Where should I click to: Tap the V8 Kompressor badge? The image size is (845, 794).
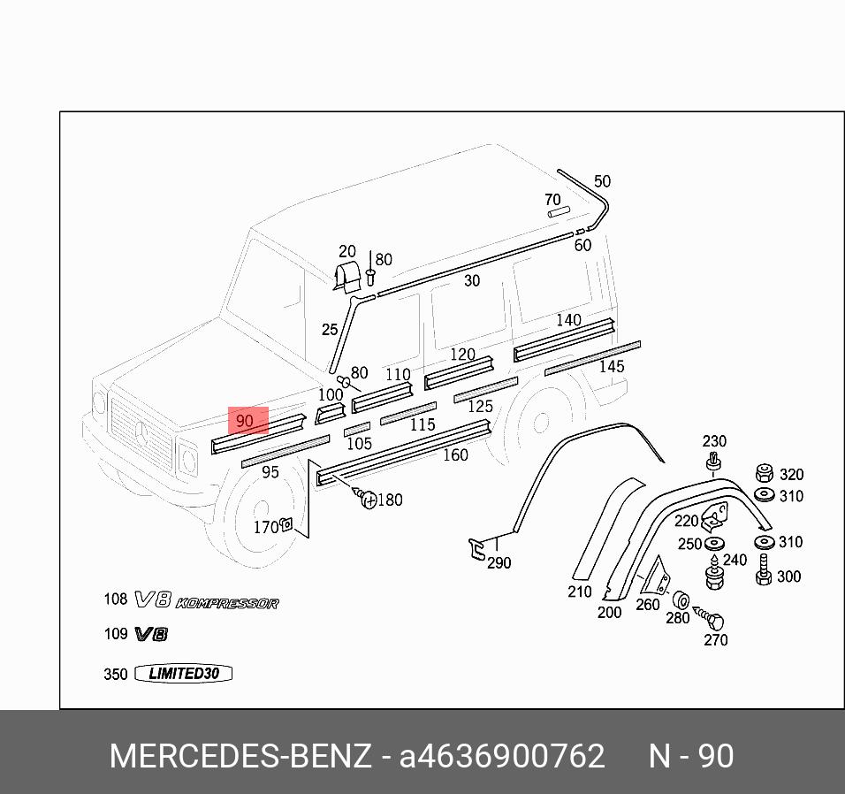[x=207, y=602]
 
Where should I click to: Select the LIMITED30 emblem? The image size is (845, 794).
[x=183, y=674]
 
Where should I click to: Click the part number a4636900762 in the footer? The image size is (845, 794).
[x=502, y=757]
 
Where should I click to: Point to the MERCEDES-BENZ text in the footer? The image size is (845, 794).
[x=240, y=757]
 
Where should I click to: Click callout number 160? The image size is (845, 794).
[x=455, y=455]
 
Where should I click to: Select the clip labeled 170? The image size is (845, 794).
[x=286, y=525]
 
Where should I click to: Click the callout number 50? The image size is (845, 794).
[x=602, y=181]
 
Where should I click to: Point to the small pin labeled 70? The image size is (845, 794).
[x=557, y=212]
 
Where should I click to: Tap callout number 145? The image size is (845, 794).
[x=612, y=366]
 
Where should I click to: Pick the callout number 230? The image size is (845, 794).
[x=714, y=441]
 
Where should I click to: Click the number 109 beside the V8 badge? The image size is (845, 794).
[x=116, y=634]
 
